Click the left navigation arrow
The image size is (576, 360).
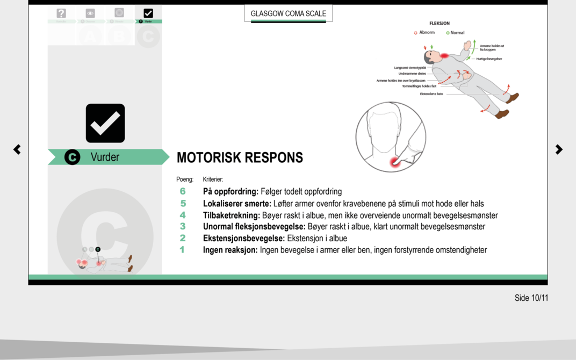[17, 149]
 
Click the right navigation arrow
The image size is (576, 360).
[559, 149]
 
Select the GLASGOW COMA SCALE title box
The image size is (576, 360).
[288, 13]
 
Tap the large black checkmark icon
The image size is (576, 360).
[105, 123]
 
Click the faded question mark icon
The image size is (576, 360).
[61, 13]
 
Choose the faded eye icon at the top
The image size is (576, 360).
[90, 13]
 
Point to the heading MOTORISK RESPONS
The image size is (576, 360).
[240, 157]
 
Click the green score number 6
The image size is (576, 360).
[183, 191]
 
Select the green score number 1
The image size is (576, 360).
[182, 250]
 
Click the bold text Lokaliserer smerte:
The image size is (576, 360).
[237, 204]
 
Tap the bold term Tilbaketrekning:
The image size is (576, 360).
[231, 215]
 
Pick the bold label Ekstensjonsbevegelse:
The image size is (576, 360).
[244, 238]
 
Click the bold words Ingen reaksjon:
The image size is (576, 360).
[230, 250]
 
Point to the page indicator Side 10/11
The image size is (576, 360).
[531, 298]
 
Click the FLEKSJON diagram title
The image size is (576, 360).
[440, 24]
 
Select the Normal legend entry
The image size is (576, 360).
[456, 33]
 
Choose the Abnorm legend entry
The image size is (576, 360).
[424, 33]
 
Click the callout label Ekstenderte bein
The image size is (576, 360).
[431, 94]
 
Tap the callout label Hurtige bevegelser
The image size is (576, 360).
[489, 59]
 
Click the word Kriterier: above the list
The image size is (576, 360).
[213, 179]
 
